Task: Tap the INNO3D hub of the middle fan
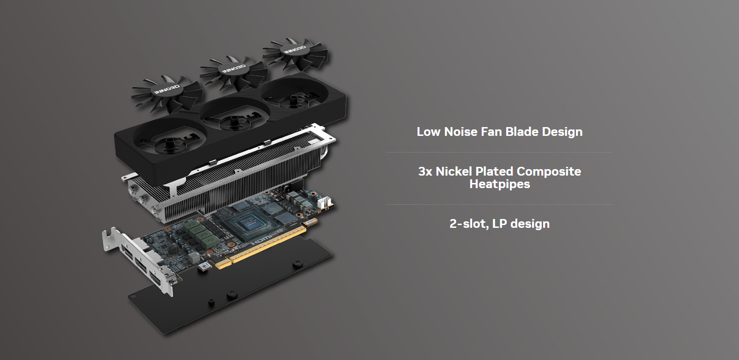pyautogui.click(x=233, y=69)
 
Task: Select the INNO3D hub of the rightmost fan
pyautogui.click(x=294, y=50)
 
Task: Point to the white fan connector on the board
pyautogui.click(x=324, y=202)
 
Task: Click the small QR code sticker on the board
pyautogui.click(x=204, y=266)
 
